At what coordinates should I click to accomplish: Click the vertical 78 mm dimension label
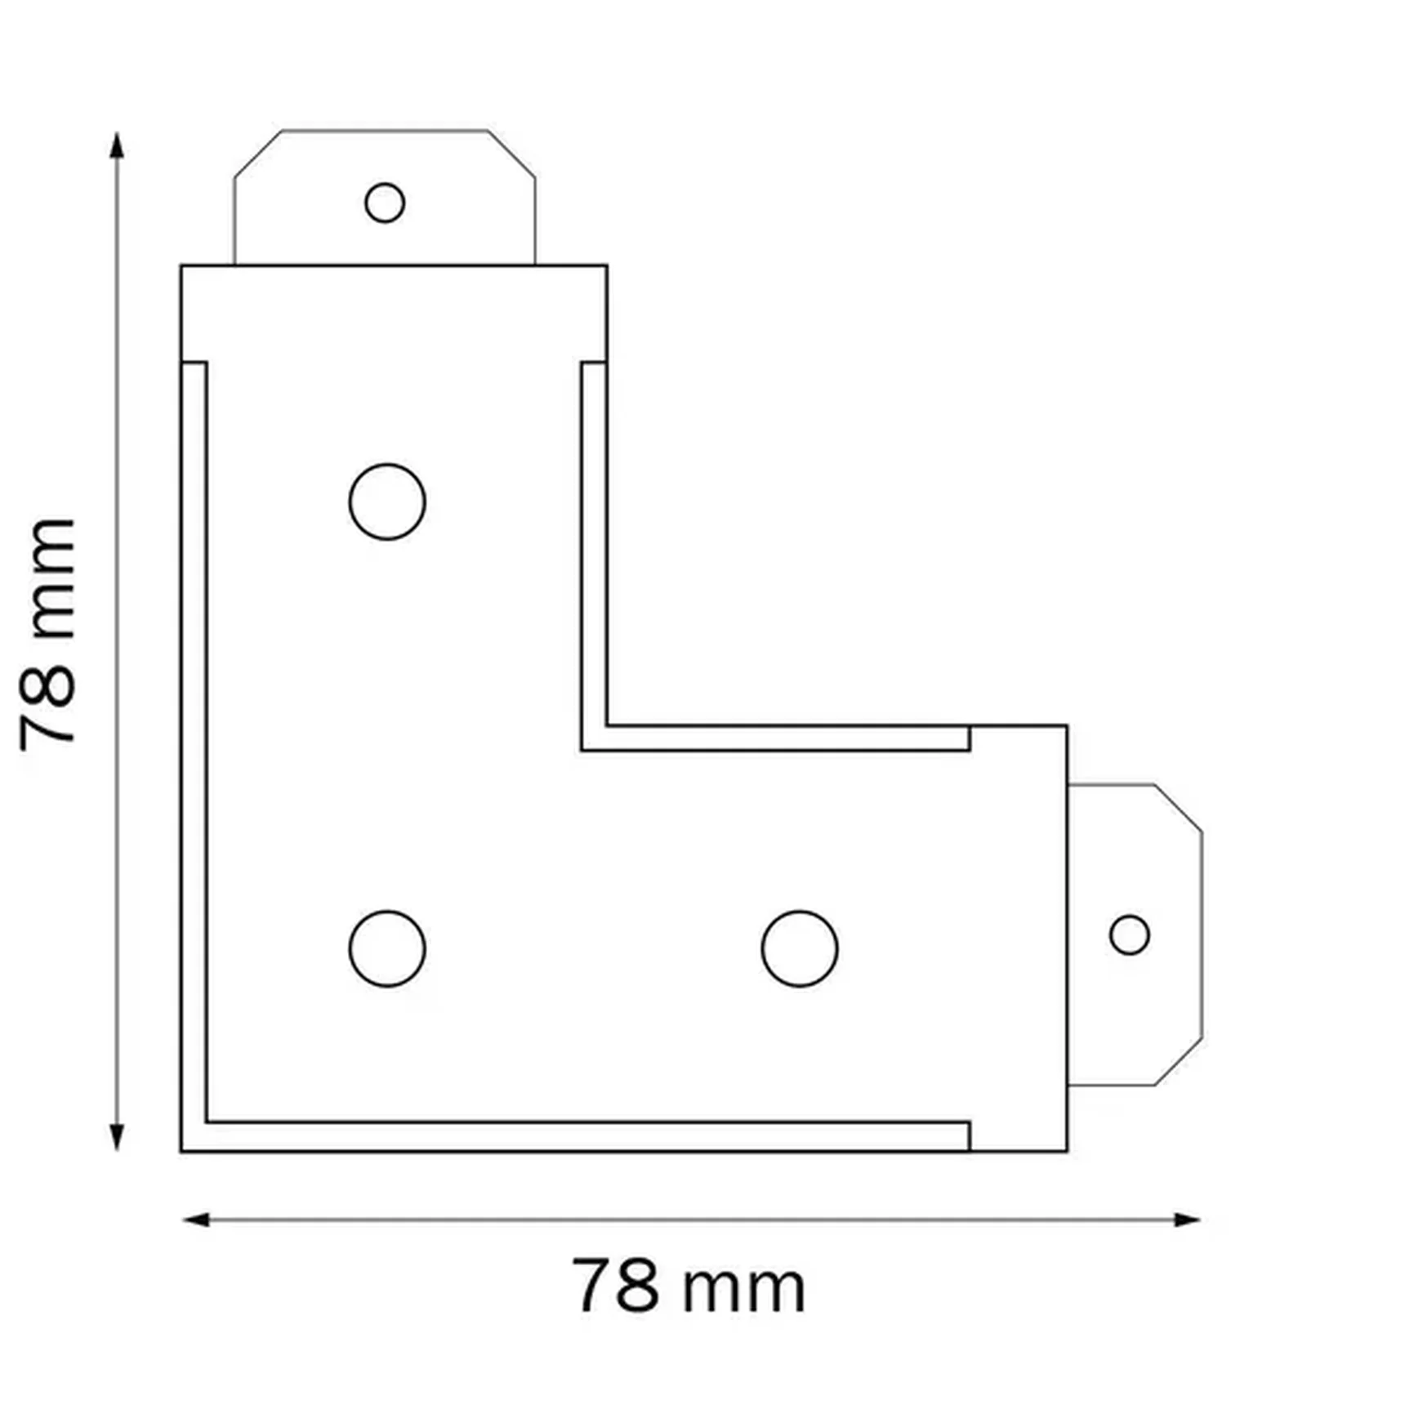pyautogui.click(x=47, y=634)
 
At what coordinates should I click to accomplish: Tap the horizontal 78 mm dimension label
pyautogui.click(x=689, y=1287)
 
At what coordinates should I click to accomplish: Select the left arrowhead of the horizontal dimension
pyautogui.click(x=195, y=1220)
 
